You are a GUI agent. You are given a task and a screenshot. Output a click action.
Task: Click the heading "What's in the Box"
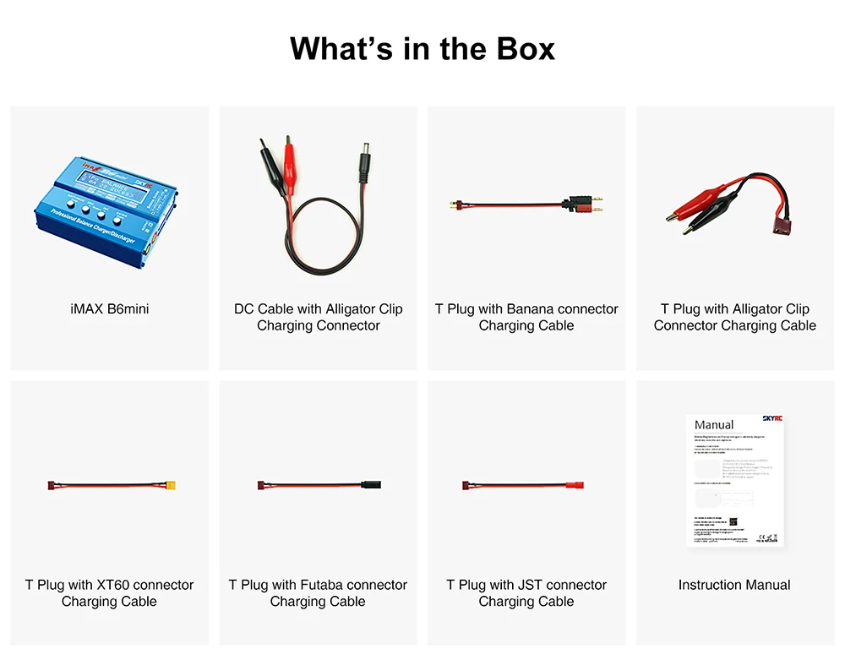(422, 48)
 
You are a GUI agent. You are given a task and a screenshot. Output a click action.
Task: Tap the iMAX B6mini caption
(109, 309)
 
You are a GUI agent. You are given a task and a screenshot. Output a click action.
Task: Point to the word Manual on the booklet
(714, 424)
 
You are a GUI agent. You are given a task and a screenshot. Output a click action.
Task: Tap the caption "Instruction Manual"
(734, 585)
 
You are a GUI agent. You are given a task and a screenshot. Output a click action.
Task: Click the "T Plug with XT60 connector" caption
(109, 585)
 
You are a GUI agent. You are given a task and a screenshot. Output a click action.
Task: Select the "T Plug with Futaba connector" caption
(318, 585)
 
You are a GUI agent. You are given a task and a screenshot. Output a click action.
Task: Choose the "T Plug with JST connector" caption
(526, 585)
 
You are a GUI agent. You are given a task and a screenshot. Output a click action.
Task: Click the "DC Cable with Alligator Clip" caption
(319, 309)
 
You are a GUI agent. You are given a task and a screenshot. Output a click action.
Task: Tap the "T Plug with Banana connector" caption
(526, 309)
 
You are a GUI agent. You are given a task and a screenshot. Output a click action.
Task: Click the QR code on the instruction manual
(734, 522)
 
